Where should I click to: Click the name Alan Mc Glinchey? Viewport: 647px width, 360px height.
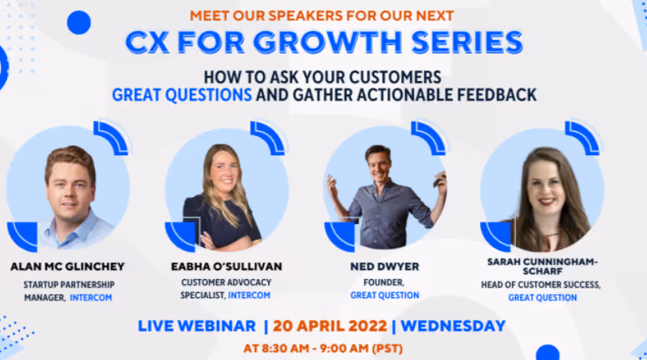pyautogui.click(x=68, y=266)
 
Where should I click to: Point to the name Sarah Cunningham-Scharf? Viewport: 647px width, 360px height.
pyautogui.click(x=543, y=266)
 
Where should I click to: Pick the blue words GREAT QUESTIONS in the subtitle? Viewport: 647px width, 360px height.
pyautogui.click(x=182, y=95)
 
